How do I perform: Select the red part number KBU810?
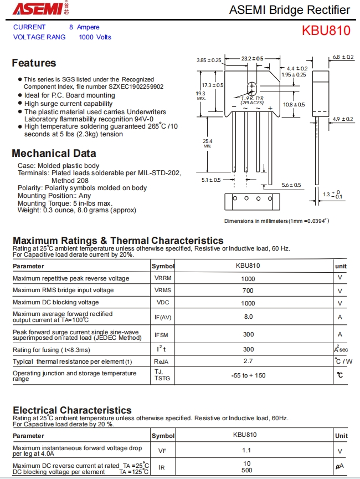[x=326, y=30]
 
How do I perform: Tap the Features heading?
[x=34, y=63]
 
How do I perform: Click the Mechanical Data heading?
[x=54, y=154]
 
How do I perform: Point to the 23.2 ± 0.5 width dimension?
[x=252, y=58]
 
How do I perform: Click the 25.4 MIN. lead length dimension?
[x=207, y=143]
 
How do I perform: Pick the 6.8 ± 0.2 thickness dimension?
[x=343, y=57]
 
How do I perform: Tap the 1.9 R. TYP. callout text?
[x=252, y=99]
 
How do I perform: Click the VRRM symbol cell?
[x=163, y=279]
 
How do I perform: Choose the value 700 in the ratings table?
[x=248, y=291]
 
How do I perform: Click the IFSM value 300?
[x=248, y=334]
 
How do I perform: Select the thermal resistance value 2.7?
[x=248, y=361]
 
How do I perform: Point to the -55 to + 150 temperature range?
[x=248, y=375]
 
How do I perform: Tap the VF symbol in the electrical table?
[x=162, y=451]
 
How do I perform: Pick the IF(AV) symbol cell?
[x=163, y=317]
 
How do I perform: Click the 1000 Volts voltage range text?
[x=95, y=37]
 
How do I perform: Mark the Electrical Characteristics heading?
[x=72, y=411]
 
